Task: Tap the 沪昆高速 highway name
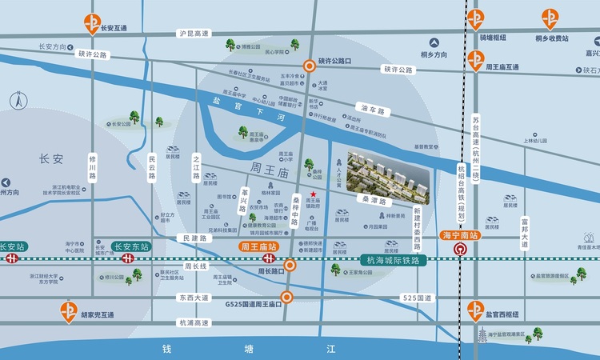(x=194, y=34)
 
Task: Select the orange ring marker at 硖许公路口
(x=309, y=66)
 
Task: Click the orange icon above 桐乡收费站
(x=551, y=18)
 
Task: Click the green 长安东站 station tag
(x=130, y=247)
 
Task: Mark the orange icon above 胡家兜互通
(x=69, y=310)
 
